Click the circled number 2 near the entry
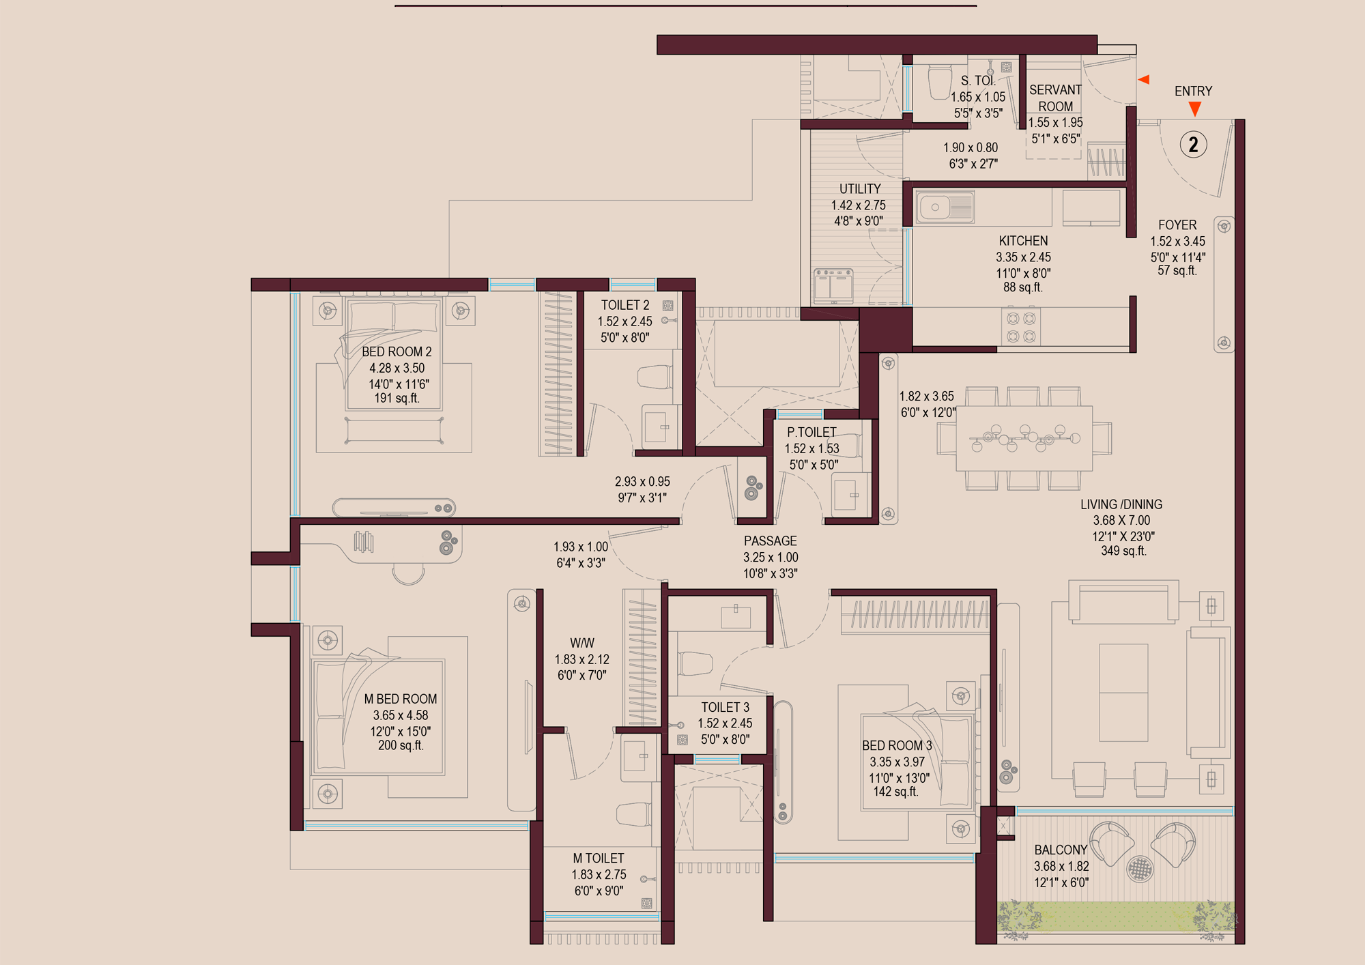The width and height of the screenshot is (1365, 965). tap(1193, 145)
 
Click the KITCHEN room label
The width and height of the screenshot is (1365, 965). tap(1023, 241)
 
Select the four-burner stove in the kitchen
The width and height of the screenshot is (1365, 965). tap(1021, 328)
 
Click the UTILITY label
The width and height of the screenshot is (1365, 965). tap(860, 189)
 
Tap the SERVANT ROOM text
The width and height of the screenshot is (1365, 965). tap(1055, 98)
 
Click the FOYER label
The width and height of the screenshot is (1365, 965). tap(1177, 225)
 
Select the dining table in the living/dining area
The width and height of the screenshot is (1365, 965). tap(1024, 438)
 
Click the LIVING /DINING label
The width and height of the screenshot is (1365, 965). tap(1121, 504)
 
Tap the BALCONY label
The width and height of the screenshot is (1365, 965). tap(1061, 850)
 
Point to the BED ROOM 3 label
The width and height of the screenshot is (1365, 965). tap(897, 746)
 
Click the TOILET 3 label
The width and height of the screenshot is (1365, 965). tap(725, 707)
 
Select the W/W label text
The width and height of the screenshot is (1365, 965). tap(582, 643)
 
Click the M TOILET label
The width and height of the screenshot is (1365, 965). tap(598, 859)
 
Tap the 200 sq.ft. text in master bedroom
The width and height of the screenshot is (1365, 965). tap(401, 746)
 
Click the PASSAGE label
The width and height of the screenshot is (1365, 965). tap(770, 541)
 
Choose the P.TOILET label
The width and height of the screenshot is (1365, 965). tap(811, 433)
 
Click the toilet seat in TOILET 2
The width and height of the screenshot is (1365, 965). tap(655, 377)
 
